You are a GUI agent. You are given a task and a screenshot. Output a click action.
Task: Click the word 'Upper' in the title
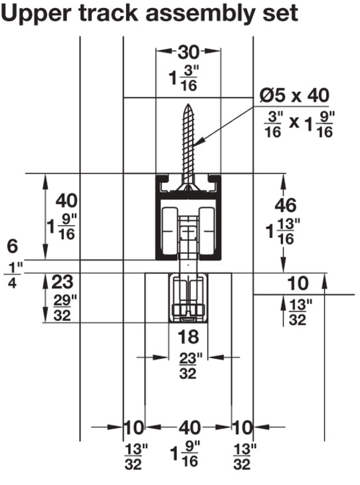click(36, 14)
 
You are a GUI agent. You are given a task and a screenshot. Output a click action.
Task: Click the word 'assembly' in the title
click(201, 14)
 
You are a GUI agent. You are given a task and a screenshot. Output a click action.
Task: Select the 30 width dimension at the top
click(189, 52)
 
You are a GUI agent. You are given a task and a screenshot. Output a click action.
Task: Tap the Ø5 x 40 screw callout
click(294, 95)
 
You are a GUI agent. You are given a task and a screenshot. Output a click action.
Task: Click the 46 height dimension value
click(286, 205)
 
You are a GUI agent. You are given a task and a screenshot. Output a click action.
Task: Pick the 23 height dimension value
click(62, 282)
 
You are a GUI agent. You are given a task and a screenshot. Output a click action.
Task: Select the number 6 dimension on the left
click(13, 246)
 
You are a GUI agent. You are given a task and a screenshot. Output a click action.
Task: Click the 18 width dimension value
click(189, 337)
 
